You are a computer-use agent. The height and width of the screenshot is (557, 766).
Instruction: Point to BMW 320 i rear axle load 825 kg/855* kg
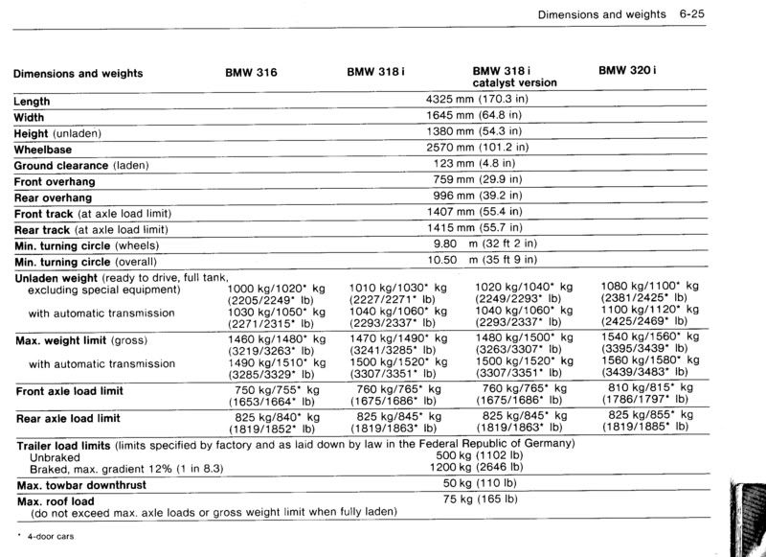coord(650,415)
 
